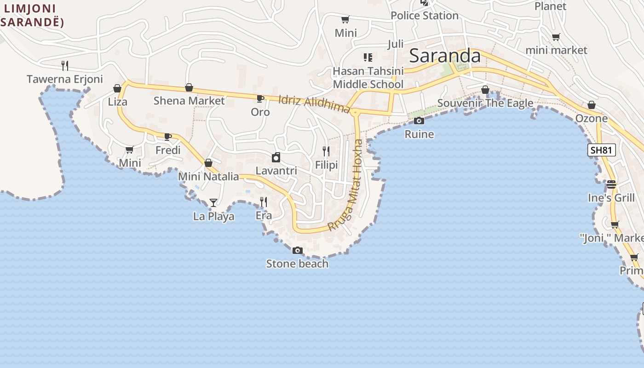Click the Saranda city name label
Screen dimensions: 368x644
click(444, 56)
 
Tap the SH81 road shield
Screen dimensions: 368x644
click(601, 150)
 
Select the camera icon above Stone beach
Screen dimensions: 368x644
click(298, 251)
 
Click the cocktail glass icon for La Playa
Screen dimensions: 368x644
click(213, 203)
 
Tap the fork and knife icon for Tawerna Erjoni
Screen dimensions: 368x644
click(65, 66)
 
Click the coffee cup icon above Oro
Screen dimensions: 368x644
click(260, 98)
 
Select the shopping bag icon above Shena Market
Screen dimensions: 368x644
click(189, 87)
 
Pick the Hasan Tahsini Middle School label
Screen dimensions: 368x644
click(368, 78)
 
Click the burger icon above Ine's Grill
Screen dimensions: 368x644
click(611, 184)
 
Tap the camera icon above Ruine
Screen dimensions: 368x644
click(419, 121)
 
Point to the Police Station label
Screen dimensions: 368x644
click(425, 16)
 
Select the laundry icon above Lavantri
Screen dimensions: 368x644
click(276, 158)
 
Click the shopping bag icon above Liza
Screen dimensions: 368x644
click(117, 88)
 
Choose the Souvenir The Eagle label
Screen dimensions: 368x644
click(485, 103)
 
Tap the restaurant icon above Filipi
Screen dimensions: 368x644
click(326, 151)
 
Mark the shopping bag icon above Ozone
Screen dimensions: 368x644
click(592, 105)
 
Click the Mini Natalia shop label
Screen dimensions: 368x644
click(208, 177)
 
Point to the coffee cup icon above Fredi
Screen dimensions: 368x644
click(168, 137)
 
